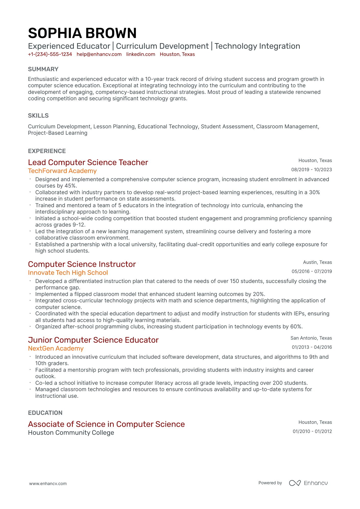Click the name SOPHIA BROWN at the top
pos(82,33)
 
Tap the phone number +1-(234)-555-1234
pos(50,54)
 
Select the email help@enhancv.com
pos(99,54)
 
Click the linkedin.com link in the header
pos(141,54)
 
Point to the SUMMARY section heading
pos(43,69)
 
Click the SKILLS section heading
pos(38,116)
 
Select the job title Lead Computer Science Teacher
pos(88,163)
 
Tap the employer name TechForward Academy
pos(62,171)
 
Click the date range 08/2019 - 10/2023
pos(311,170)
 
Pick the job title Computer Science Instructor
pos(82,264)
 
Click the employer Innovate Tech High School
pos(68,273)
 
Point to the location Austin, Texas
pos(317,262)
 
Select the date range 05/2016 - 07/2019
pos(312,271)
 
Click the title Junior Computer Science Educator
pos(93,340)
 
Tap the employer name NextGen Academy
pos(56,349)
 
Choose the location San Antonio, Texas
pos(311,338)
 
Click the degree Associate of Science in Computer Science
pos(106,424)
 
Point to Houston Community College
pos(71,433)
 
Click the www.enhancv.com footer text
pos(48,483)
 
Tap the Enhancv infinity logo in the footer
pos(295,483)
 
